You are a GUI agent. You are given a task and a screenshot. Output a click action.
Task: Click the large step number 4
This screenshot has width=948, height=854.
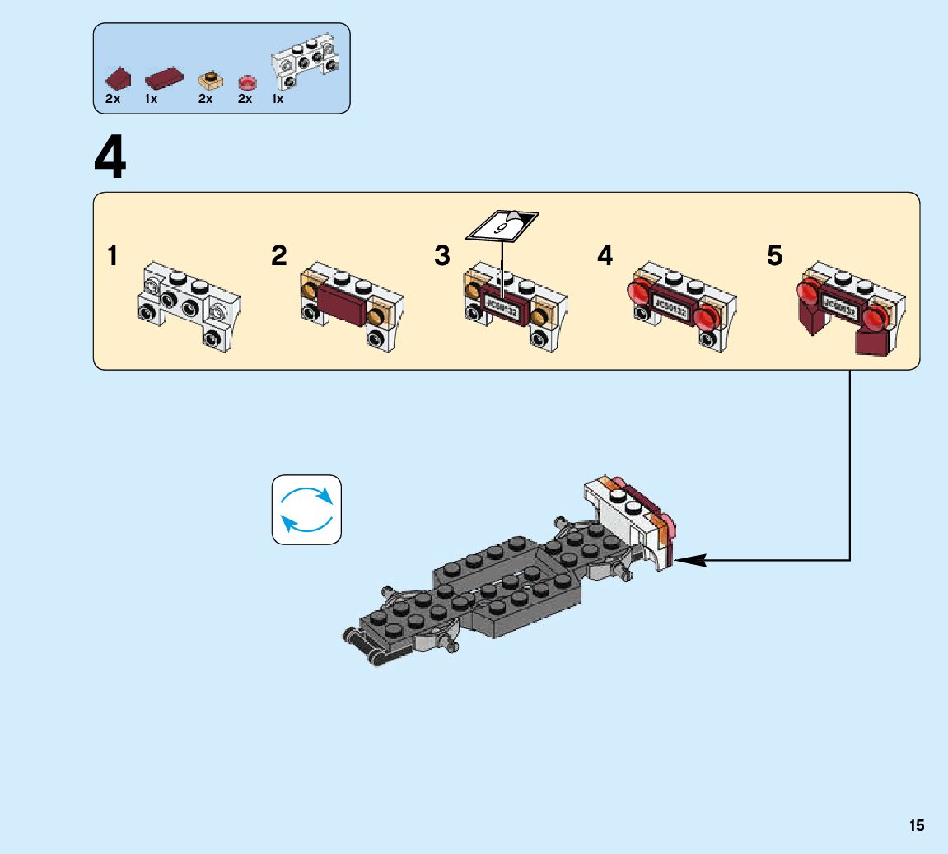click(x=110, y=159)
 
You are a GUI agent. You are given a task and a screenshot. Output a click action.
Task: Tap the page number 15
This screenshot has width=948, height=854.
click(x=917, y=826)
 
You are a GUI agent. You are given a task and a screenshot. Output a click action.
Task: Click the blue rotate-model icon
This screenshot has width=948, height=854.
click(x=306, y=510)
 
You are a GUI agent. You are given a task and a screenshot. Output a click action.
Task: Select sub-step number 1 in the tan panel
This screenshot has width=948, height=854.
click(x=112, y=256)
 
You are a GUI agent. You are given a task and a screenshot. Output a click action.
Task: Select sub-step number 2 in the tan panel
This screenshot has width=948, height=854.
click(x=279, y=256)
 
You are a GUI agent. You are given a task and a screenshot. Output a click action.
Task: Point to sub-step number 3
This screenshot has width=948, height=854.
click(x=442, y=256)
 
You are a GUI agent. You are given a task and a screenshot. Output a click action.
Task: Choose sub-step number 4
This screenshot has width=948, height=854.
click(x=605, y=256)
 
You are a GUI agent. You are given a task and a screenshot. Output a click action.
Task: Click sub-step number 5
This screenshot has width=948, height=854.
click(x=774, y=256)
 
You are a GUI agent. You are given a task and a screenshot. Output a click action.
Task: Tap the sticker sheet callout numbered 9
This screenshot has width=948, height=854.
click(x=502, y=225)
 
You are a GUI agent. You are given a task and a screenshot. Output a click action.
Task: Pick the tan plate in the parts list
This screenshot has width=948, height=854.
click(x=210, y=81)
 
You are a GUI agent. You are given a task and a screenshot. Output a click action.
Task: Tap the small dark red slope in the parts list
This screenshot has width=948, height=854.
click(x=119, y=79)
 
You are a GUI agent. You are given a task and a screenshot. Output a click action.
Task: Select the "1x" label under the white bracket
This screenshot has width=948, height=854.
click(x=278, y=99)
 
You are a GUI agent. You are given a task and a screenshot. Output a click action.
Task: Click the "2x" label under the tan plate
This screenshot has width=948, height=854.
click(x=205, y=99)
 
